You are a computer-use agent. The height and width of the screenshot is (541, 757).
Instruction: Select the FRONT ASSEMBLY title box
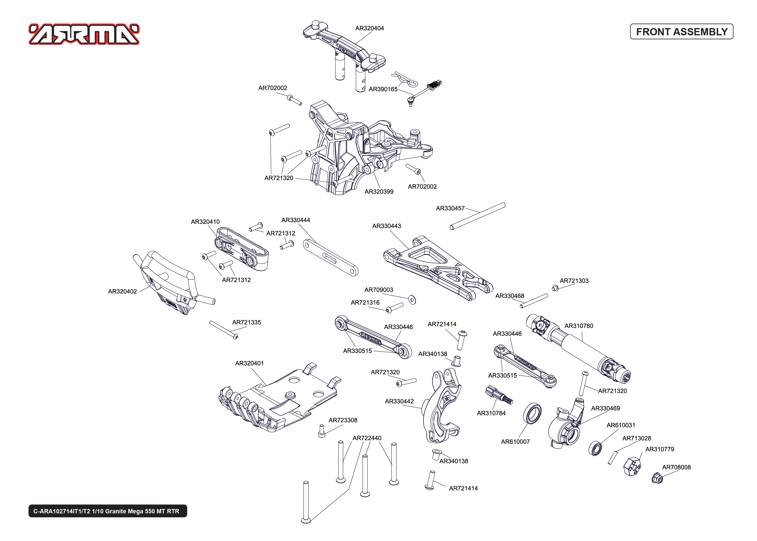click(x=681, y=32)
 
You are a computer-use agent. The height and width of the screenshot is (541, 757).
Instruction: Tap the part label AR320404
click(x=369, y=28)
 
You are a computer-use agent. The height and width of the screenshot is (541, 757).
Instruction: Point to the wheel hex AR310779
click(x=632, y=467)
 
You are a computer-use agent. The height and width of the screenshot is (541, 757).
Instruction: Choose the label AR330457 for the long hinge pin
click(x=450, y=208)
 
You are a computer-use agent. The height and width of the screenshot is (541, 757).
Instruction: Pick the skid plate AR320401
click(x=280, y=400)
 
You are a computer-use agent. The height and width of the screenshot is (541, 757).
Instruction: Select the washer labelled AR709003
click(x=412, y=299)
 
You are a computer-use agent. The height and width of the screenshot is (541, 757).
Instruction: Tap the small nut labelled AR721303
click(x=555, y=288)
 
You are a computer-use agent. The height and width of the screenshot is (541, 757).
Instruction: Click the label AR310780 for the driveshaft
click(x=579, y=326)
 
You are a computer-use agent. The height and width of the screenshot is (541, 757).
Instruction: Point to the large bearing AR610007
click(x=532, y=413)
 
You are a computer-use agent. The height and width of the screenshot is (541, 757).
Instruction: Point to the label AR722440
click(x=367, y=438)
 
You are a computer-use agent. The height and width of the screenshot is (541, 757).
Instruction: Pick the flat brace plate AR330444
click(x=330, y=257)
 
